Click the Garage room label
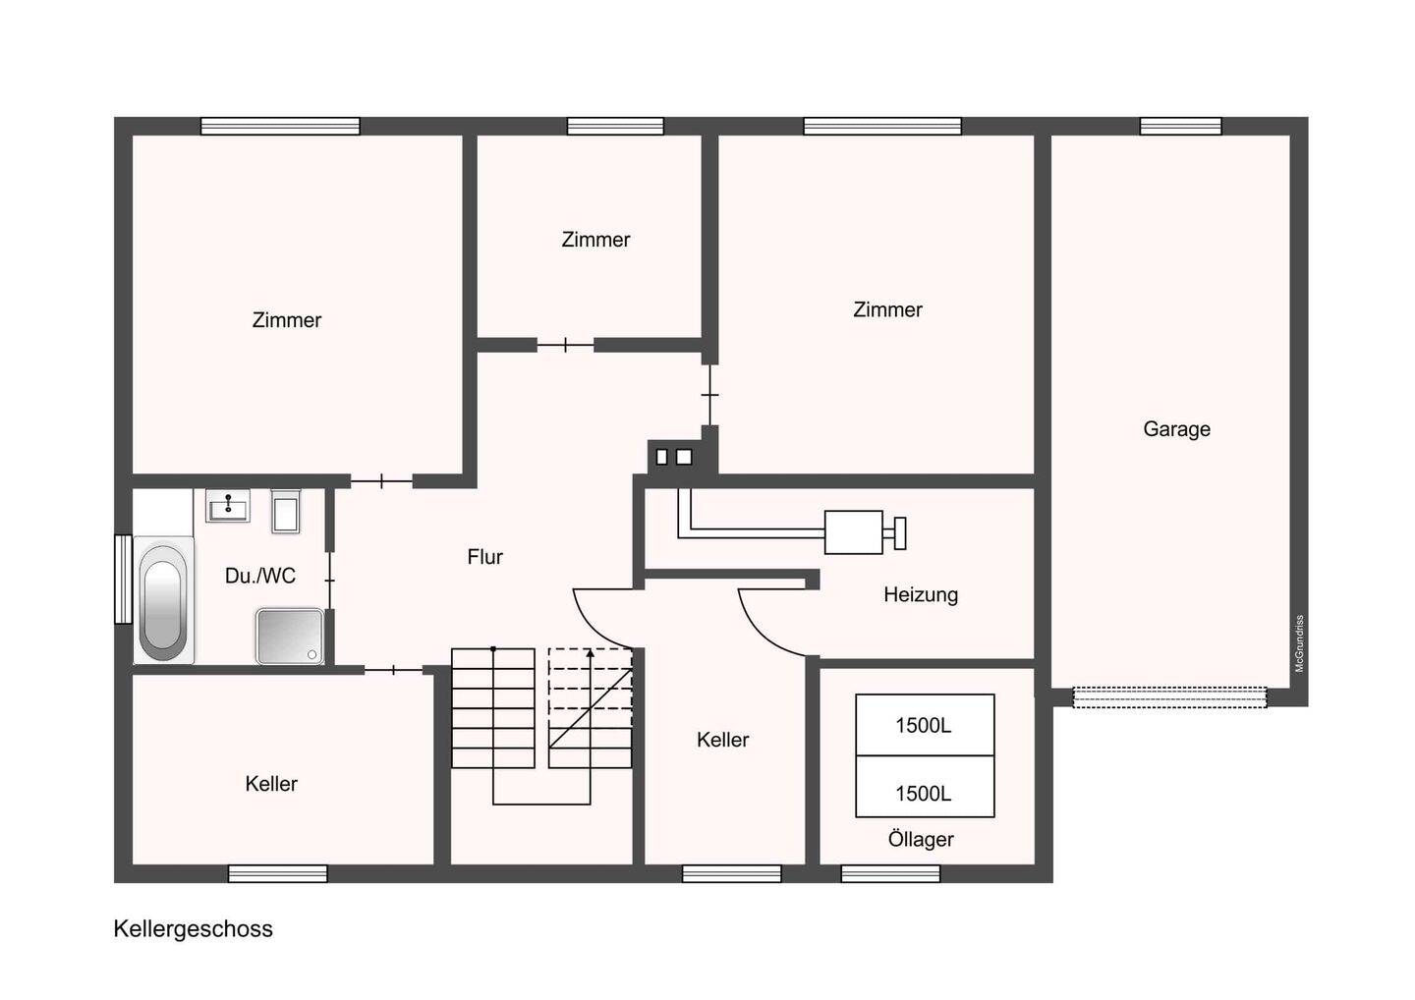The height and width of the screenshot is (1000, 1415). pos(1176,429)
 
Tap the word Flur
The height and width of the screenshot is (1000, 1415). pos(484,557)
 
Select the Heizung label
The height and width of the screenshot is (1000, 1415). pos(921,594)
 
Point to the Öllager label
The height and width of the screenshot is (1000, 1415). pos(921,839)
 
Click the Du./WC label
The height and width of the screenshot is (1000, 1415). pos(260,576)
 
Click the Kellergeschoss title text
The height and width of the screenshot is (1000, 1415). pos(194,928)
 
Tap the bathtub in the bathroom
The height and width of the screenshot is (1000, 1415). pos(163,600)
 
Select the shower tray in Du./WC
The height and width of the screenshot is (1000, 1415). pos(289,636)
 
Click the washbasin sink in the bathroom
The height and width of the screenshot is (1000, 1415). pos(227,506)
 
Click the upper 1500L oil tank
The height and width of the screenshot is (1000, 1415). pos(925,725)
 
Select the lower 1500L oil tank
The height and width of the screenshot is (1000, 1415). pos(925,787)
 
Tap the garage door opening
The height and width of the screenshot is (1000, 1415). pos(1170,697)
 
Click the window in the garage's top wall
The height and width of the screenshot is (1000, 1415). pos(1181,127)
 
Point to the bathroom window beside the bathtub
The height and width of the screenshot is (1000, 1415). pos(123,579)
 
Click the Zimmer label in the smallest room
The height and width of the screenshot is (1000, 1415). pos(595,240)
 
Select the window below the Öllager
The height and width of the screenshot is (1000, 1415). pos(890,873)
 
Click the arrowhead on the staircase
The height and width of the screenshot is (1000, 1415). pos(590,653)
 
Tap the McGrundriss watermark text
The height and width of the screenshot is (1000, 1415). pos(1299,643)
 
